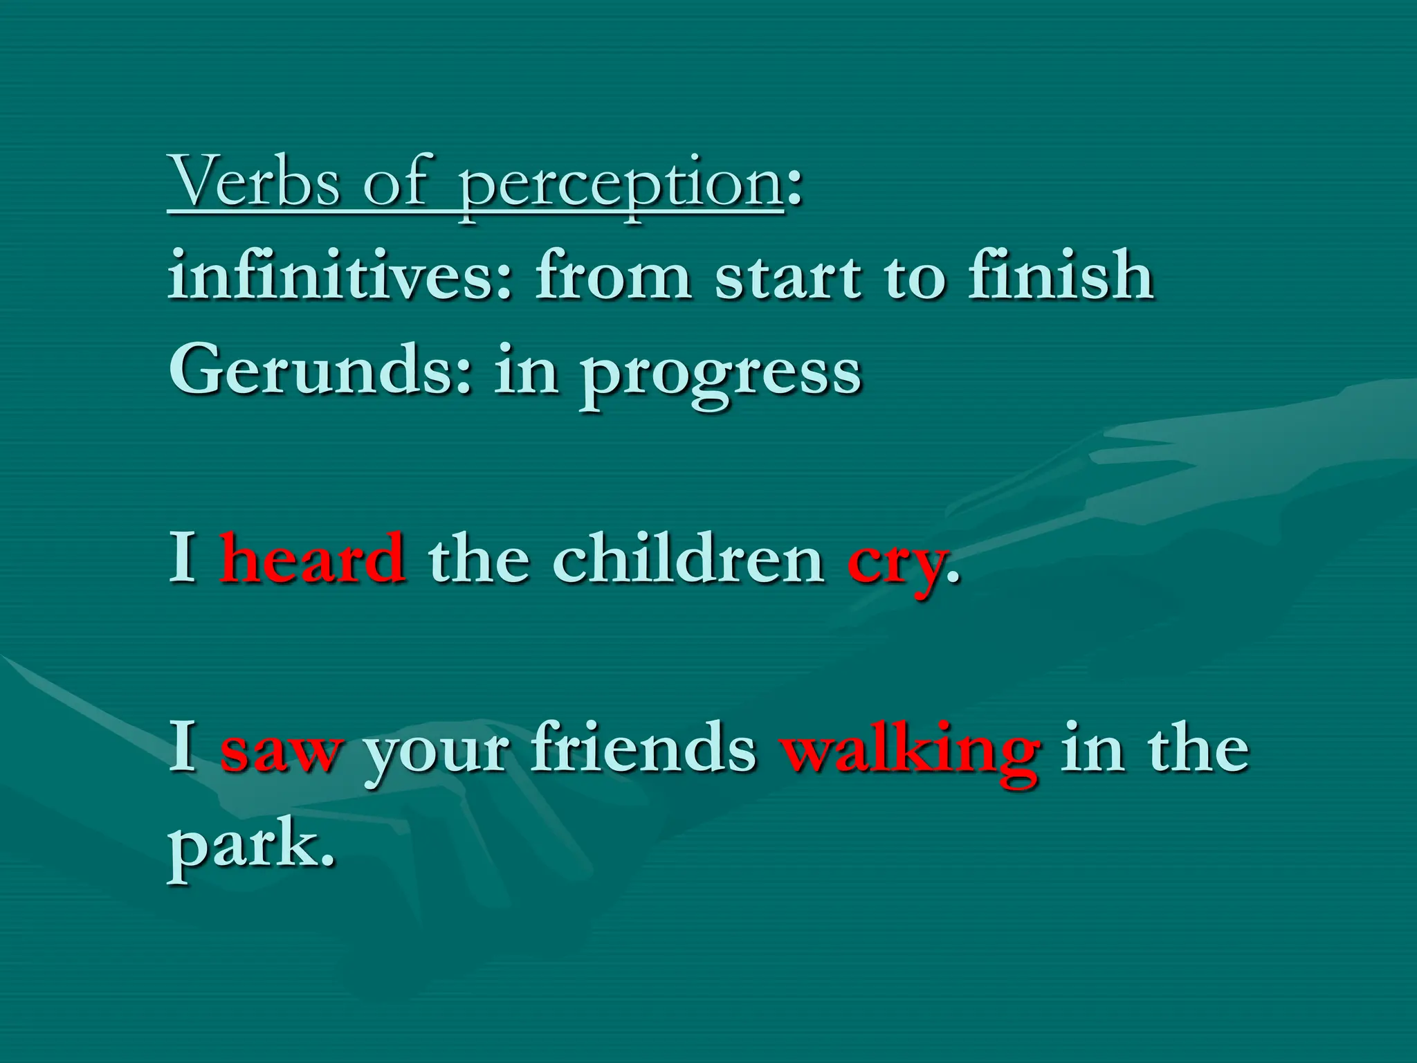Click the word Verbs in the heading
coord(254,181)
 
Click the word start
coord(789,277)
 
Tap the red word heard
coord(313,559)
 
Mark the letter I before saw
coord(183,746)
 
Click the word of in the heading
coord(396,181)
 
